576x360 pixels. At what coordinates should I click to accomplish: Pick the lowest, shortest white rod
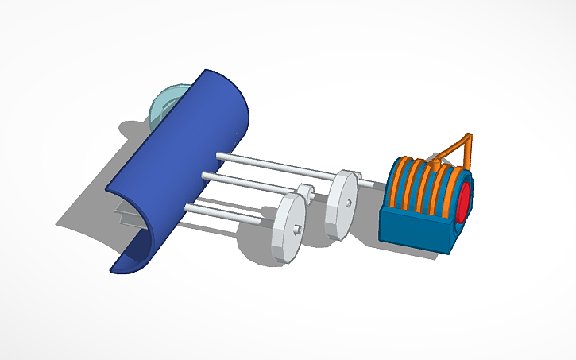point(230,211)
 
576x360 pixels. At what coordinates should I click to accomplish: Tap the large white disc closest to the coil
point(342,203)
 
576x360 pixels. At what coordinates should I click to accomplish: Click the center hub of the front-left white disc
point(296,230)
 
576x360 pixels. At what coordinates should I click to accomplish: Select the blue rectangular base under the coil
point(413,230)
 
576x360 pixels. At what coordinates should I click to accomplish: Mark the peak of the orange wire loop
point(470,136)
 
